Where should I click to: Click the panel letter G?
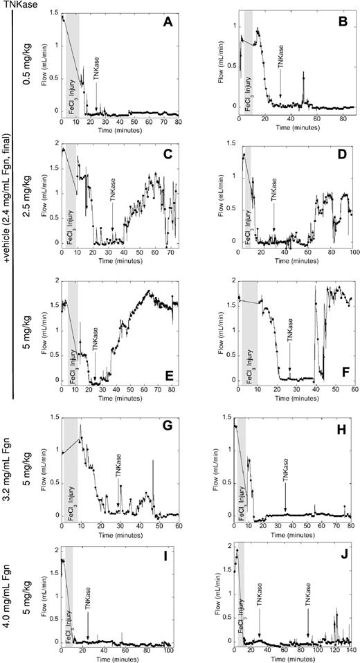pyautogui.click(x=167, y=426)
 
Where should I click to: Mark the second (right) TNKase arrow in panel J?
pyautogui.click(x=308, y=616)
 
